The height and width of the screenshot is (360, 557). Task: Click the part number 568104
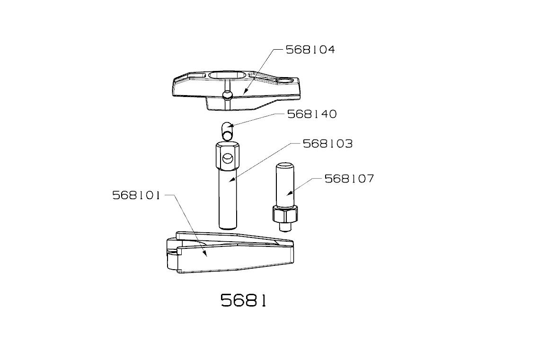(x=310, y=50)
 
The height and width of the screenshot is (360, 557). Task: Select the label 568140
(x=312, y=114)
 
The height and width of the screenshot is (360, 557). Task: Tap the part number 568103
(x=327, y=144)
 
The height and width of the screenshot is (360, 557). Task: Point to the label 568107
(x=349, y=179)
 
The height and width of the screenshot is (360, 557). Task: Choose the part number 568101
(x=136, y=195)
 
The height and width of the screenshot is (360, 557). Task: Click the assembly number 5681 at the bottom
(x=243, y=300)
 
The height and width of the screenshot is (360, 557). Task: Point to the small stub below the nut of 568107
(x=285, y=227)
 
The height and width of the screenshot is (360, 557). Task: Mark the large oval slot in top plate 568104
(x=226, y=76)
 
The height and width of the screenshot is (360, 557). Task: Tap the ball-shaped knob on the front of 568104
(x=227, y=95)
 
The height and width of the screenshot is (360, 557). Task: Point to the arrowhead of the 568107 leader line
(x=288, y=194)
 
